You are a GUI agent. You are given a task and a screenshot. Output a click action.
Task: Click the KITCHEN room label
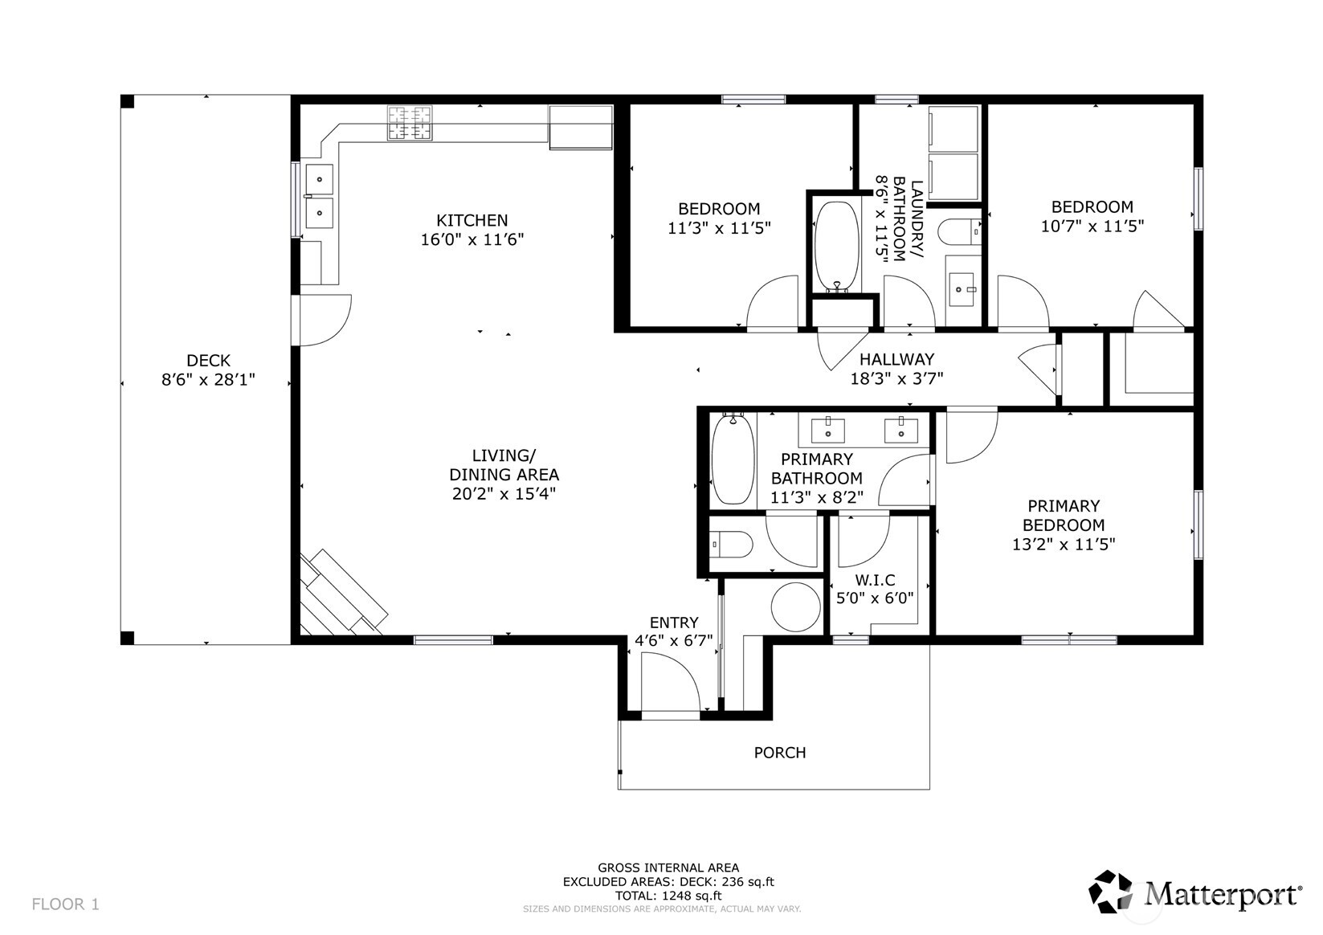[x=472, y=220]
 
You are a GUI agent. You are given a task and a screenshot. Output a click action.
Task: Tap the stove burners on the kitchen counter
[x=409, y=124]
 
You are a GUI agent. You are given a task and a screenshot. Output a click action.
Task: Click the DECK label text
[x=208, y=361]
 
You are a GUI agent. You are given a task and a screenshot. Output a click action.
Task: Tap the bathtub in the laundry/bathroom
[x=837, y=246]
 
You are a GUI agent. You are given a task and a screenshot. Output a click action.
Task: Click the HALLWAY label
[x=896, y=359]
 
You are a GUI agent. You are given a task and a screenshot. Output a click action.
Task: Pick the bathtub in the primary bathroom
[x=732, y=458]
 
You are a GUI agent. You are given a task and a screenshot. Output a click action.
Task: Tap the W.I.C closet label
[x=875, y=580]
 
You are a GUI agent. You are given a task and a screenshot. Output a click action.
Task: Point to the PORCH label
[x=779, y=753]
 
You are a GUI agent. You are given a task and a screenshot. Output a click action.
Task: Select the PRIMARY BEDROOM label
[x=1064, y=516]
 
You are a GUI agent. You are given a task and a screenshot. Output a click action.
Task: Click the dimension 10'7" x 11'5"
[x=1092, y=227]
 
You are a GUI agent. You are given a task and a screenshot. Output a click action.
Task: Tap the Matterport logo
[x=1194, y=892]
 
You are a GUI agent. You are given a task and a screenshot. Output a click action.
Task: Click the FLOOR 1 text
[x=65, y=904]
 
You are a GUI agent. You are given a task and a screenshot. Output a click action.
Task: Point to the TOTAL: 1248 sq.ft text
[x=668, y=896]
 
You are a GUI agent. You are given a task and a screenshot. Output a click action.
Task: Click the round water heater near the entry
[x=794, y=606]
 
